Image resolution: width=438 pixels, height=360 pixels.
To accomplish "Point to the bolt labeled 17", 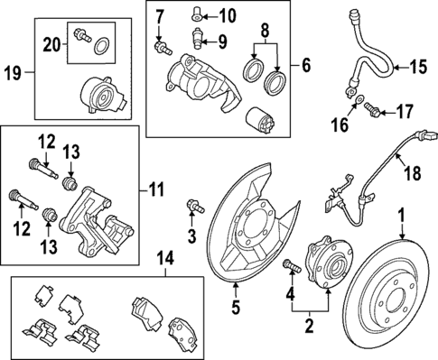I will coord(374,111).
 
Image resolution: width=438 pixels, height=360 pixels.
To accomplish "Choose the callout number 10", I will coord(226,14).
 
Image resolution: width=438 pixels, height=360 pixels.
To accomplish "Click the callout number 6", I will coord(305,65).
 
